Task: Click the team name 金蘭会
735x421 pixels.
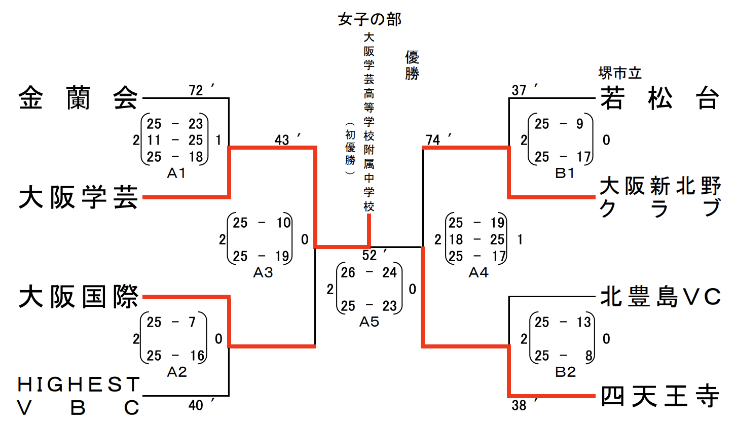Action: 79,98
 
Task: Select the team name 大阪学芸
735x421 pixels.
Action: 79,197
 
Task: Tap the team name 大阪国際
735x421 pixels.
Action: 79,297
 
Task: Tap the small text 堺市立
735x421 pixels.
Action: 620,74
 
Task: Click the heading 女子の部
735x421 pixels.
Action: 370,20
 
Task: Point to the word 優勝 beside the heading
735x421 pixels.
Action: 412,65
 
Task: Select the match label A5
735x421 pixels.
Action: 369,322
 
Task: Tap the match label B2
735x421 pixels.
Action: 565,372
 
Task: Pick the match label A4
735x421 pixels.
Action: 478,272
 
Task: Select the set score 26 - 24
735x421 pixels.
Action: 369,273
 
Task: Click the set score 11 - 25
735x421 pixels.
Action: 175,140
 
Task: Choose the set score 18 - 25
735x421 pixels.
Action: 476,239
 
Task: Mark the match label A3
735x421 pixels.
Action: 263,272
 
